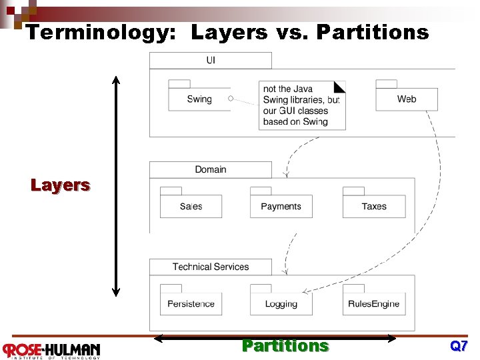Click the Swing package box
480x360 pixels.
coord(199,99)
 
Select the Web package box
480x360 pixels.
coord(407,99)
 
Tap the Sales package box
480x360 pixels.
coord(191,207)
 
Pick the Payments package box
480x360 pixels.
coord(281,207)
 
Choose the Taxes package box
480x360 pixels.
coord(374,207)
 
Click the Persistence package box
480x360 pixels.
coord(191,304)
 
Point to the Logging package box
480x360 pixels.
coord(281,304)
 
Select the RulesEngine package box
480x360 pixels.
coord(374,304)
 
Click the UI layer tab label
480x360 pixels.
coord(211,61)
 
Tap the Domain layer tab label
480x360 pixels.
coord(211,169)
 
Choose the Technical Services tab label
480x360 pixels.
coord(211,267)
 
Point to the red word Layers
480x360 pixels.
coord(60,185)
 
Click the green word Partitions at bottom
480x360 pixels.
coord(285,346)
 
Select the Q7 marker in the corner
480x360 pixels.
coord(459,346)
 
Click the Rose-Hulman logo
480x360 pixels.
coord(51,350)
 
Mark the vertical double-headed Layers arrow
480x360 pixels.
coord(116,185)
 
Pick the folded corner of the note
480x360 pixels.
coord(340,86)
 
